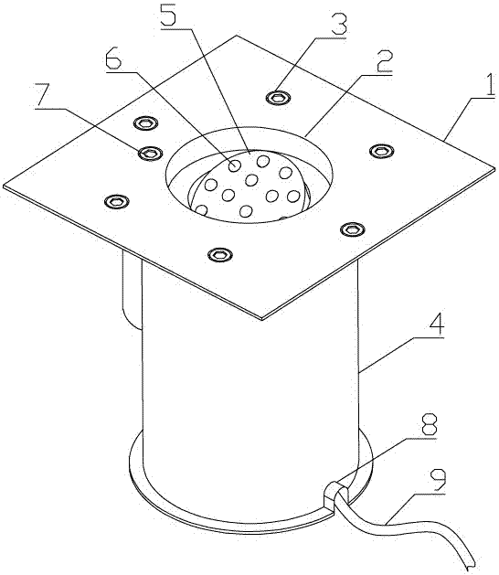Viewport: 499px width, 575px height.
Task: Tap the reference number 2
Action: coord(384,61)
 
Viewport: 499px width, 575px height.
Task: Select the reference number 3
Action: coord(339,24)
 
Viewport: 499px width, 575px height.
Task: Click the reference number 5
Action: coord(169,13)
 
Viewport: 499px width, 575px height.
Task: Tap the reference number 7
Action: coord(43,97)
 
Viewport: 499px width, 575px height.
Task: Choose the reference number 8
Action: coord(430,426)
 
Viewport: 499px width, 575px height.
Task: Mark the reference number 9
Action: coord(439,482)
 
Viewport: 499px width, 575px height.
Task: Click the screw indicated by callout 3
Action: coord(278,98)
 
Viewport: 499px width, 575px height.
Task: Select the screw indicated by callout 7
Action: coord(150,153)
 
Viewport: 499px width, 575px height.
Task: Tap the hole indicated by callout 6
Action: coord(233,166)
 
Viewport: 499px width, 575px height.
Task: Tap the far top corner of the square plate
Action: coord(237,36)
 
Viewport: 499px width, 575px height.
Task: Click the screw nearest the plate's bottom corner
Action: coord(220,254)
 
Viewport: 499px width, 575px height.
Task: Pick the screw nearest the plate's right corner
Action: coord(382,151)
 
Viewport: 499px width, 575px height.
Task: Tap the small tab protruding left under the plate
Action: coord(132,291)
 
